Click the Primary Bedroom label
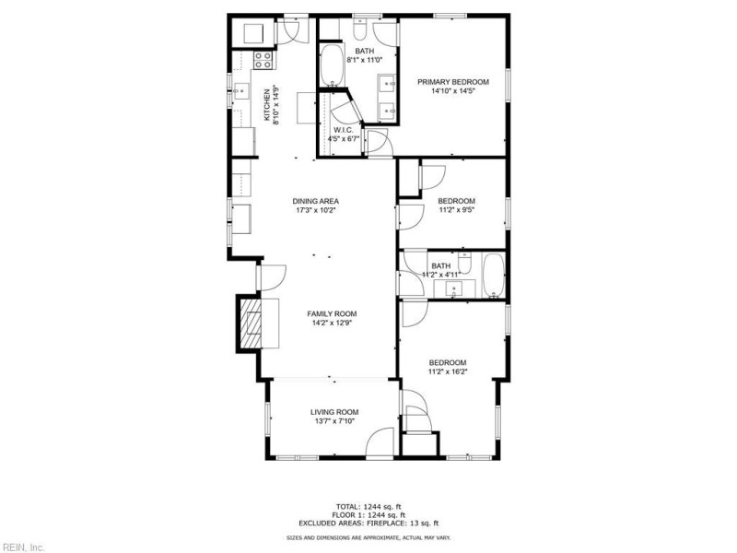click(x=453, y=82)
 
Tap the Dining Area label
click(x=316, y=201)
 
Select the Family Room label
click(x=332, y=313)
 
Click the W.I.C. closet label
click(x=345, y=130)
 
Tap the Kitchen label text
click(x=267, y=104)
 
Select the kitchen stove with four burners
click(x=263, y=61)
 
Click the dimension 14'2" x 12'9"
click(x=332, y=323)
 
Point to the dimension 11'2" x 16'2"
click(x=448, y=371)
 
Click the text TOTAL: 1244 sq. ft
click(x=368, y=506)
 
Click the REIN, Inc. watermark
click(x=23, y=547)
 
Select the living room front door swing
click(x=380, y=443)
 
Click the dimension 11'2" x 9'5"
click(x=456, y=210)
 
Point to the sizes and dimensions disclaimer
click(x=368, y=537)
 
